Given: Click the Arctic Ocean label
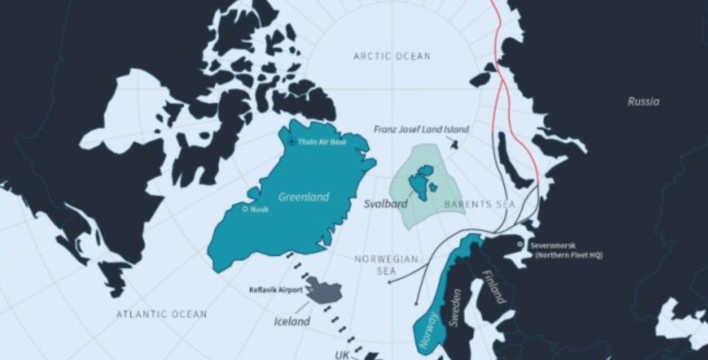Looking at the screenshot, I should click(x=392, y=56).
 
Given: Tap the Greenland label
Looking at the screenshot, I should click(x=303, y=197).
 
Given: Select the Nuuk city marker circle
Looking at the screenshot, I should click(x=245, y=209).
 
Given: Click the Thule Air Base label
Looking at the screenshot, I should click(x=322, y=142).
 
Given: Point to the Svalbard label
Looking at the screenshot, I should click(x=385, y=204).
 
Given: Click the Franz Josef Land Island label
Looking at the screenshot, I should click(x=421, y=129).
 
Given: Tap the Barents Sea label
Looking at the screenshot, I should click(x=479, y=204).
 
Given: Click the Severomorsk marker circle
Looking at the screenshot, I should click(x=520, y=244).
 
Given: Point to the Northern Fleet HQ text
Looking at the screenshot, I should click(x=568, y=255).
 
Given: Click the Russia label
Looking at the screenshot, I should click(x=643, y=102).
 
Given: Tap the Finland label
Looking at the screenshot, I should click(x=494, y=287).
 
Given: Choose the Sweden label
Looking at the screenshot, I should click(x=455, y=308).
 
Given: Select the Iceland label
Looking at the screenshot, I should click(x=292, y=321).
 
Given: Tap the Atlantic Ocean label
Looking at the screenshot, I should click(x=162, y=314).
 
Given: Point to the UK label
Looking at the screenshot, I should click(x=342, y=355).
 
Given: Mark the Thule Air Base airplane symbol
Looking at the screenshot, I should click(x=291, y=141).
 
